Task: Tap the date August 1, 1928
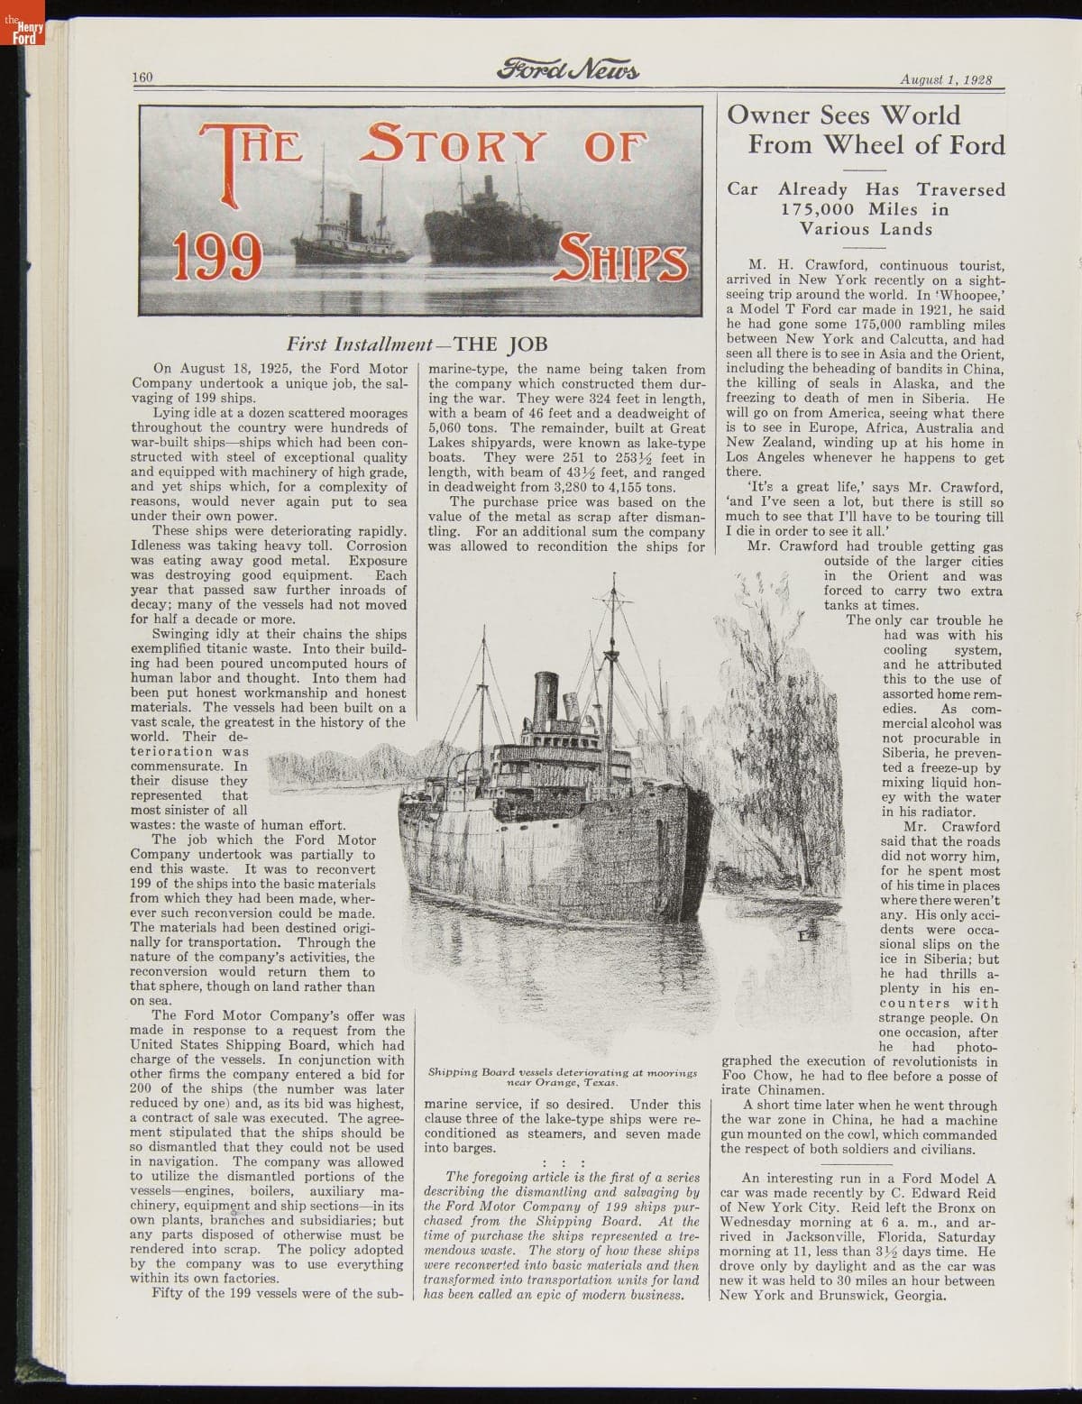coord(946,78)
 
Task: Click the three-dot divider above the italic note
coord(564,1162)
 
